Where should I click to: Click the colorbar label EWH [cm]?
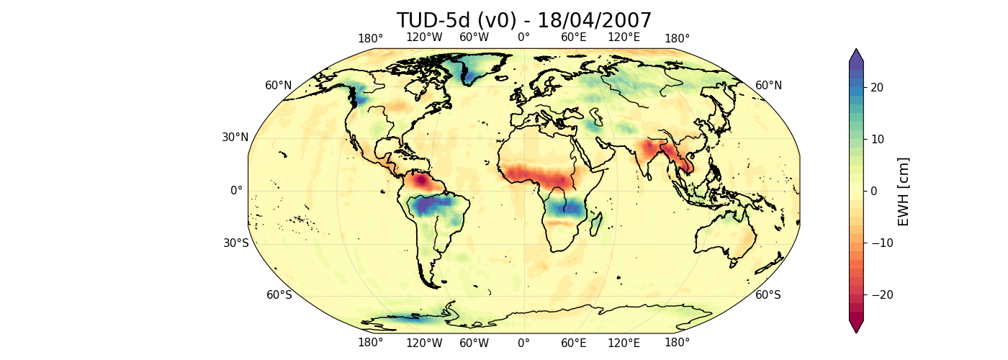904,191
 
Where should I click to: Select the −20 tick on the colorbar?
870,294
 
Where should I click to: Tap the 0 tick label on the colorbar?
873,191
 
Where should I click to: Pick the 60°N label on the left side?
279,86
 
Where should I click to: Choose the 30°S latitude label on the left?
235,243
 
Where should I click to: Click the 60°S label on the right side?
768,294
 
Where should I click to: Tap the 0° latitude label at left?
236,191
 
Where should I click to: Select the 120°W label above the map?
424,38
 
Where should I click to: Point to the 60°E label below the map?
574,343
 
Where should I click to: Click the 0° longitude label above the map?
523,38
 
